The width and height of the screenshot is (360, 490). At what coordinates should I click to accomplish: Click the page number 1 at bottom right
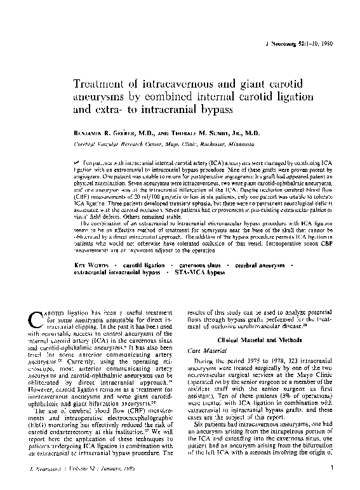click(x=333, y=468)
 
